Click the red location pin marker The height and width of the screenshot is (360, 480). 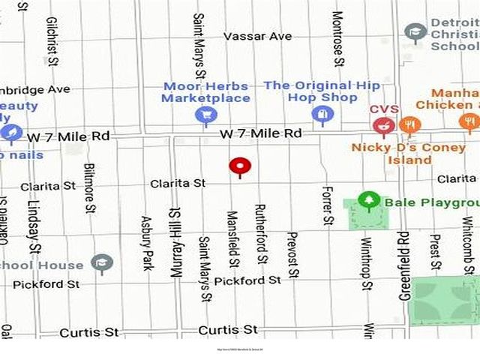240,166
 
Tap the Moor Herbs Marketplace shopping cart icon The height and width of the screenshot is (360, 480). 205,115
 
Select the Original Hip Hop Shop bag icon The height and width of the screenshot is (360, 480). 322,115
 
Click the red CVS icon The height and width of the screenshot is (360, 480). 384,125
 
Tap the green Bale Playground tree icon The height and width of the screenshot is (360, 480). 367,200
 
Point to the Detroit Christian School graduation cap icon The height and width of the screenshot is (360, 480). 415,32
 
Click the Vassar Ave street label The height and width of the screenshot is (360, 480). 257,37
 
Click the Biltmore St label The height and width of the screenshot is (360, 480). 90,188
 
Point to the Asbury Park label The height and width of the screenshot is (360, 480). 147,243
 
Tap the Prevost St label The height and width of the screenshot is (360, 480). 293,253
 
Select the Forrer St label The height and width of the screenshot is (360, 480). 326,205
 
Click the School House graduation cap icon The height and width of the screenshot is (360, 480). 102,262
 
